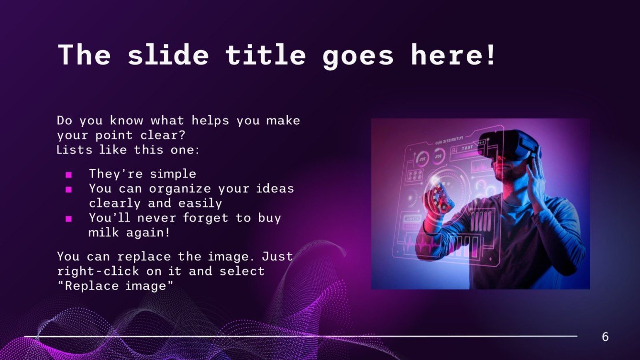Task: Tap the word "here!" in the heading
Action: pyautogui.click(x=454, y=55)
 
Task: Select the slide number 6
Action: pyautogui.click(x=605, y=337)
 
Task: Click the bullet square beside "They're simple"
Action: pyautogui.click(x=68, y=175)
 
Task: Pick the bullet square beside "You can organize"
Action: pyautogui.click(x=68, y=189)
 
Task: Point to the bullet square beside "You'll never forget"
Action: pyautogui.click(x=68, y=219)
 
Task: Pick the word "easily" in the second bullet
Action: pyautogui.click(x=200, y=203)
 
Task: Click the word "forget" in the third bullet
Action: pyautogui.click(x=207, y=218)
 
